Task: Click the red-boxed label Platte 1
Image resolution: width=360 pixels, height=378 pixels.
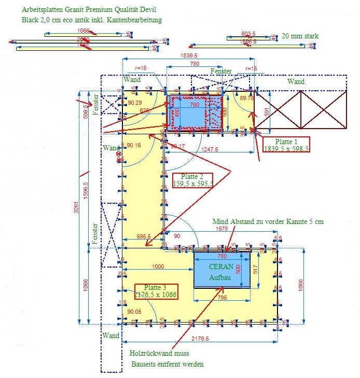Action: [x=286, y=144]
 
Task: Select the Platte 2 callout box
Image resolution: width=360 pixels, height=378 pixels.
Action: [x=193, y=179]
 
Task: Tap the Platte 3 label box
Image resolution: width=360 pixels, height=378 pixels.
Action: [x=156, y=291]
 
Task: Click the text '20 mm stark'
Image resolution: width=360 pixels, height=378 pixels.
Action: [x=300, y=36]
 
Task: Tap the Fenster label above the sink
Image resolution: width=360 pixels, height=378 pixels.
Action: [x=221, y=71]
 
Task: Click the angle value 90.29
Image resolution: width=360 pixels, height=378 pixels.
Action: [x=134, y=103]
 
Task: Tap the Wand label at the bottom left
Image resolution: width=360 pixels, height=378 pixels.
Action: [x=111, y=336]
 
